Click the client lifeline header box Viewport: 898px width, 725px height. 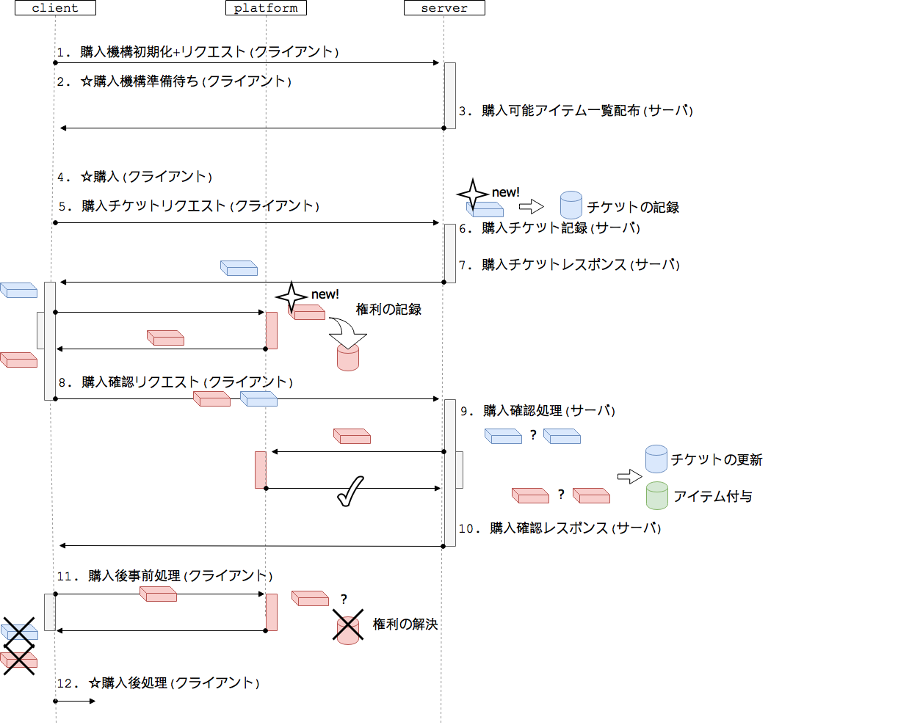coord(55,8)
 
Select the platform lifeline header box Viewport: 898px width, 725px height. coord(266,8)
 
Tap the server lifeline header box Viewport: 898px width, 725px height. coord(444,8)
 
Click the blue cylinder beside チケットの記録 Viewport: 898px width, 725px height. coord(571,205)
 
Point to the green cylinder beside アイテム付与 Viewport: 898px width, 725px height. coord(656,495)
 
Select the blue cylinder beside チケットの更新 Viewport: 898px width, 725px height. coord(656,459)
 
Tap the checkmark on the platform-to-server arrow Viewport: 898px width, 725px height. coord(350,492)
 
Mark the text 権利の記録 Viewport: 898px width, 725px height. coord(388,310)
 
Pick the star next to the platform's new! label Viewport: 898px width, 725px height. coord(292,296)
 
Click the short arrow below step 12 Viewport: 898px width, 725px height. coord(75,702)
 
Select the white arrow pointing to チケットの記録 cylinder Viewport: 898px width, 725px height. coord(531,207)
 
